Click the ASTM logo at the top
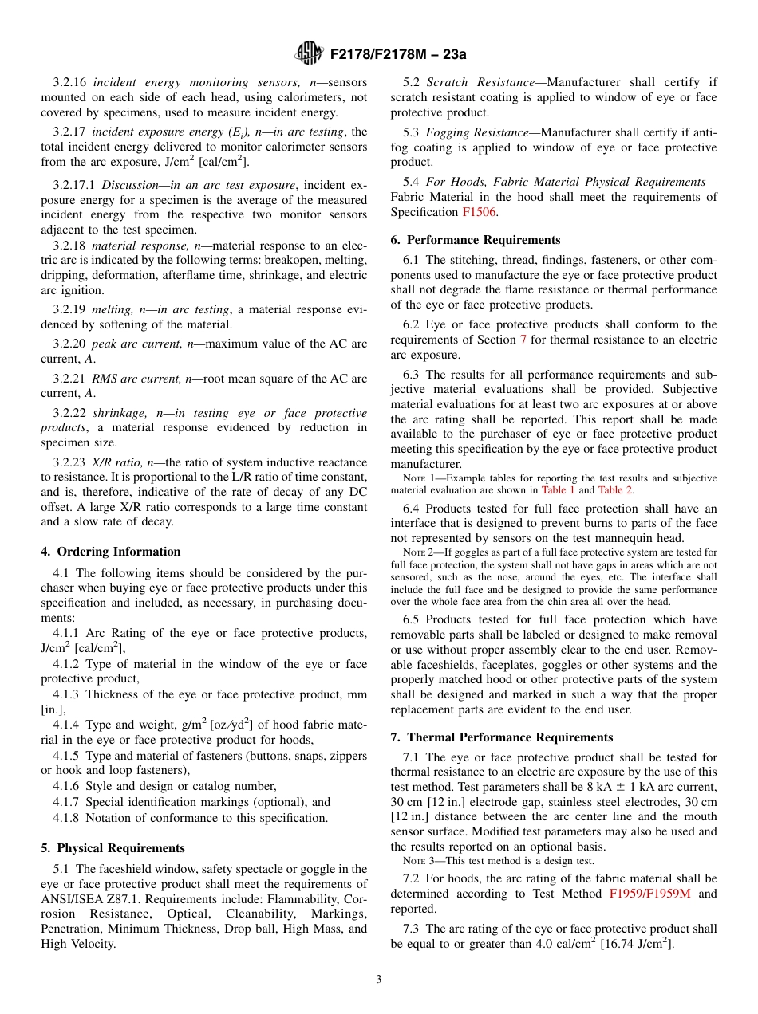pyautogui.click(x=308, y=53)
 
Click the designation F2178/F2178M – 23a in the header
pyautogui.click(x=397, y=54)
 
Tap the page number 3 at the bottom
pyautogui.click(x=379, y=980)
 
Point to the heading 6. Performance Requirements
pyautogui.click(x=476, y=240)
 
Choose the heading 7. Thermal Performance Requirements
pyautogui.click(x=502, y=737)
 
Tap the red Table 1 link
pyautogui.click(x=558, y=490)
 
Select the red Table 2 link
pyautogui.click(x=615, y=490)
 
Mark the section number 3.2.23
pyautogui.click(x=70, y=462)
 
